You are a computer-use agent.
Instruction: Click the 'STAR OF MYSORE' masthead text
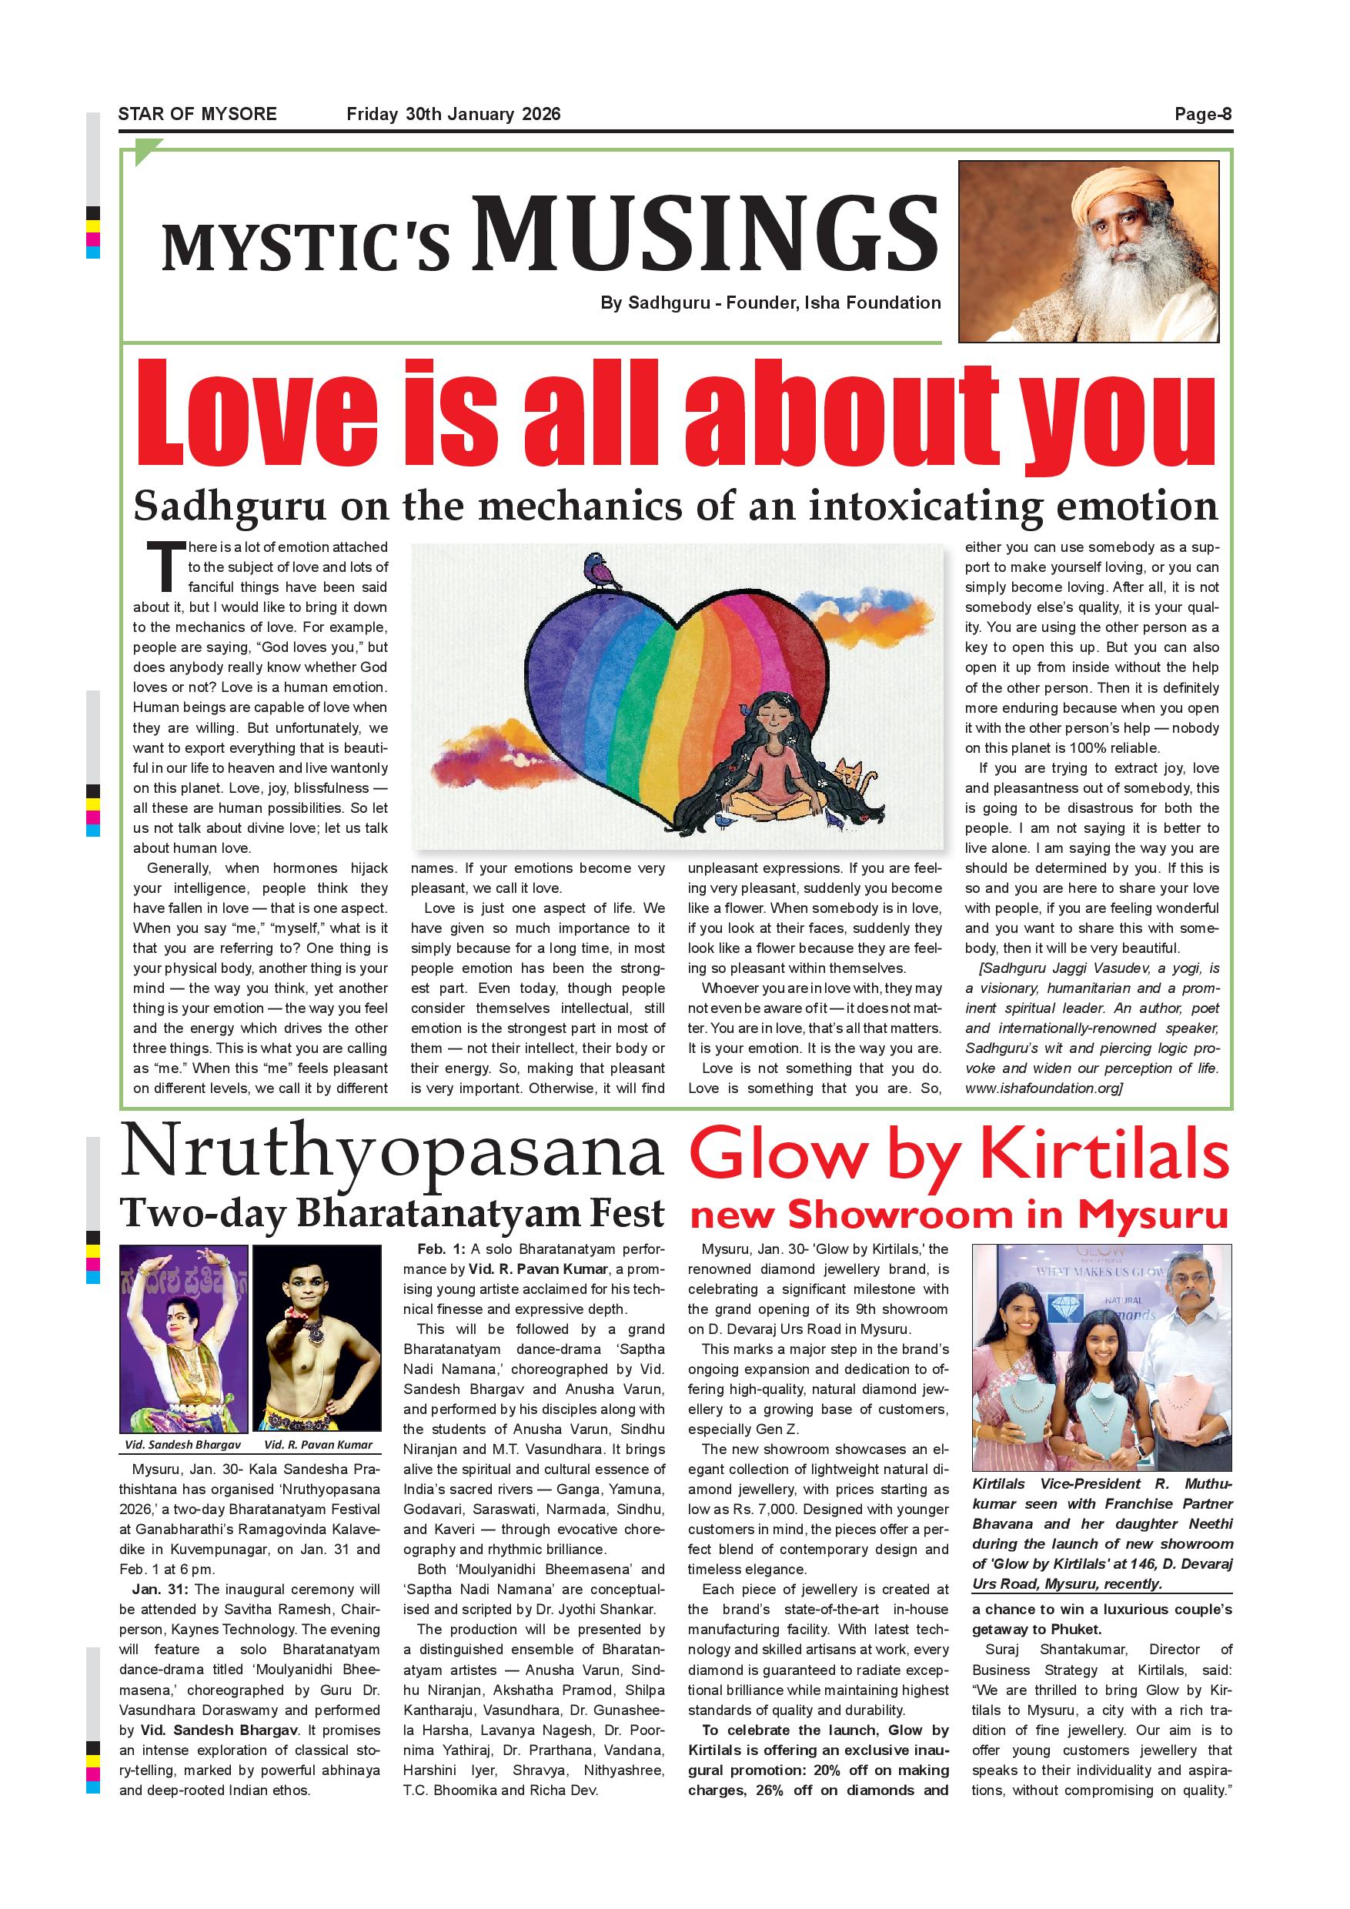pos(197,114)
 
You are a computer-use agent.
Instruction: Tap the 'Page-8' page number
pos(1203,114)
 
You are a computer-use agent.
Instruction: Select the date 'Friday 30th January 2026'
pos(453,114)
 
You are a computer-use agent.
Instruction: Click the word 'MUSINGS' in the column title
pos(705,235)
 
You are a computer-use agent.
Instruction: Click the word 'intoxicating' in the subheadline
pos(927,506)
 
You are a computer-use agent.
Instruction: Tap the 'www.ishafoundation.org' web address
pos(1042,1088)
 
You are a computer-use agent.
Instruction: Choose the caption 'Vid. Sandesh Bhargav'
pos(183,1444)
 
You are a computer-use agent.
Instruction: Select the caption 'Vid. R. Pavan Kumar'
pos(318,1444)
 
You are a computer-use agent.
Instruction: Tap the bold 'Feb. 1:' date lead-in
pos(442,1249)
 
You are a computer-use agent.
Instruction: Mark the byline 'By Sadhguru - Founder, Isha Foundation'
pos(770,303)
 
